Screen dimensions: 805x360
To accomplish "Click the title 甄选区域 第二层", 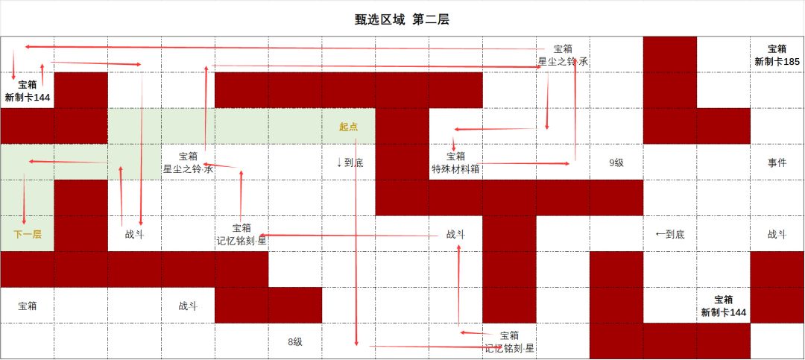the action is click(402, 19).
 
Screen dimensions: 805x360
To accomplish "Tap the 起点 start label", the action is click(349, 127).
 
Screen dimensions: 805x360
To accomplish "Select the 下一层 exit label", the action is click(28, 235).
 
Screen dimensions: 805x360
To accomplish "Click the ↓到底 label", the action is click(350, 162).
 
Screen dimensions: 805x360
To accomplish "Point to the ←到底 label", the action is click(670, 235).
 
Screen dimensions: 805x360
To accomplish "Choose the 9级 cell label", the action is click(616, 162).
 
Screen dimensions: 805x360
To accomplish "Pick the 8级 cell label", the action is click(295, 341).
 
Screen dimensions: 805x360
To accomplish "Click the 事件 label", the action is click(777, 162).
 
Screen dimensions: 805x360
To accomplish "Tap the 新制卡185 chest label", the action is click(777, 62).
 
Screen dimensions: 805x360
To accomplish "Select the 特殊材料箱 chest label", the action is click(456, 169).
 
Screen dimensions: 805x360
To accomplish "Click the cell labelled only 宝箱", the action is click(28, 306).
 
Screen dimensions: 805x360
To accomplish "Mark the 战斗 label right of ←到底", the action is click(777, 235).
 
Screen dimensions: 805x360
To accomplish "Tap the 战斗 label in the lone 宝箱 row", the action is click(188, 306).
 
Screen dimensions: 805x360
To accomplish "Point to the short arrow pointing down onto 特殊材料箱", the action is click(454, 145).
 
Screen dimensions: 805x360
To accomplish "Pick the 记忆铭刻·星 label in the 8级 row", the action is click(510, 348).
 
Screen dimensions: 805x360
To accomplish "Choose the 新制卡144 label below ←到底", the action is click(724, 312).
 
